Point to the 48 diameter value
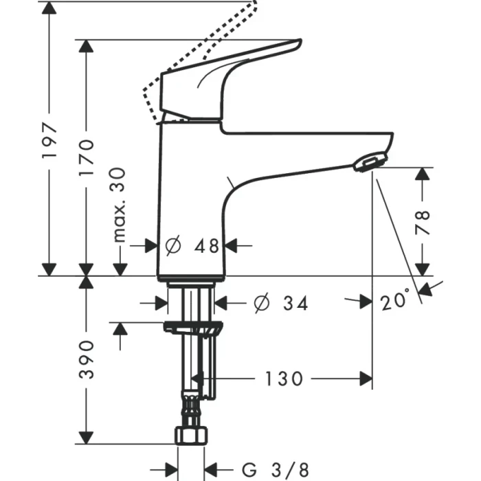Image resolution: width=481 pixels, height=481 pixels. (205, 245)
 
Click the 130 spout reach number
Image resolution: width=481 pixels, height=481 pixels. (282, 378)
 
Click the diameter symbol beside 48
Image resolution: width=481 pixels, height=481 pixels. (173, 245)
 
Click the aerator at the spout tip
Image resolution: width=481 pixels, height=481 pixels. (368, 162)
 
